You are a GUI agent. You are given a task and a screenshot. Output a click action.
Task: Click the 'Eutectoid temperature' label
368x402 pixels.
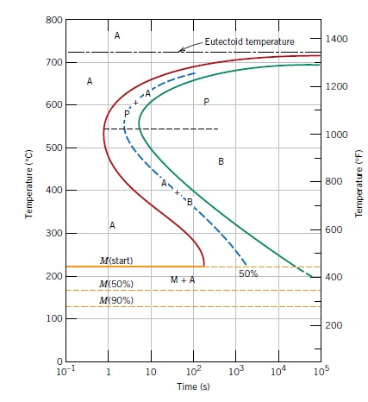click(x=249, y=41)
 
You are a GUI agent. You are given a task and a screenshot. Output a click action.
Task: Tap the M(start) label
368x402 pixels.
click(x=116, y=260)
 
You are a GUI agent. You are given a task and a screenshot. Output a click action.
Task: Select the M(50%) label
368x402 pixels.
click(x=116, y=284)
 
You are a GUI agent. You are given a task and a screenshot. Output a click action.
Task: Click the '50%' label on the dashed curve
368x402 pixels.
click(x=248, y=273)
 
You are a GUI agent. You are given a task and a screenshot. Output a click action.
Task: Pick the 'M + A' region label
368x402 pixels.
click(x=182, y=280)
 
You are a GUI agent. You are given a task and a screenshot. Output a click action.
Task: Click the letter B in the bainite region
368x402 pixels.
click(x=221, y=161)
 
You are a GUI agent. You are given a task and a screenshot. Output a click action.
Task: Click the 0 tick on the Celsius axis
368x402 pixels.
click(x=55, y=361)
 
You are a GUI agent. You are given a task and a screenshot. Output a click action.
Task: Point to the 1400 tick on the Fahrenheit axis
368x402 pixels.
click(x=338, y=40)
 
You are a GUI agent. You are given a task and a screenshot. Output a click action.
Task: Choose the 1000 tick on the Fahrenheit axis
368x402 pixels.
click(x=338, y=135)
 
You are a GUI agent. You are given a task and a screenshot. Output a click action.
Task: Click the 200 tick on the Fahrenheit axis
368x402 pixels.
click(x=335, y=324)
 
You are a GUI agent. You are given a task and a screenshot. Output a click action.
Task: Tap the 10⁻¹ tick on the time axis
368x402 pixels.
click(x=65, y=373)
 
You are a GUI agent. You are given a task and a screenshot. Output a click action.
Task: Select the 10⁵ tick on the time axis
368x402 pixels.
click(x=321, y=373)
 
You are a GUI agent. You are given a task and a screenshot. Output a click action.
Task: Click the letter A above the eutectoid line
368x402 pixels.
click(x=116, y=35)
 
